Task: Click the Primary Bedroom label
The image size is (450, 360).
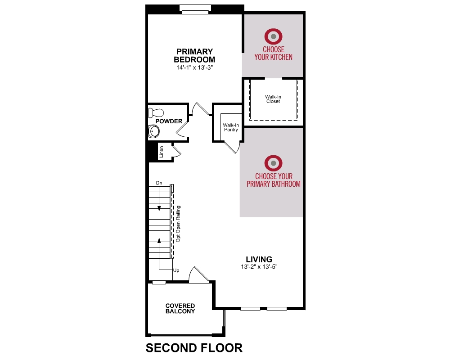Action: pos(194,55)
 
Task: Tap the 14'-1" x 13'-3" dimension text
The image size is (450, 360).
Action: pos(194,68)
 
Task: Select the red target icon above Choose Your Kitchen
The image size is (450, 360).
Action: pos(273,36)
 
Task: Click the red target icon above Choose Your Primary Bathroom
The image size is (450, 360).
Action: pos(273,163)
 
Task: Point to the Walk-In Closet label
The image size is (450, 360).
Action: pos(273,99)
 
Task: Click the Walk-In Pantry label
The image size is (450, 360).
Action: pos(231,127)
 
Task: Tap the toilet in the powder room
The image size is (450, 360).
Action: pos(156,112)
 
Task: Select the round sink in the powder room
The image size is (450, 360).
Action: pos(154,132)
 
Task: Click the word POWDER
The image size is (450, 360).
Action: pos(169,121)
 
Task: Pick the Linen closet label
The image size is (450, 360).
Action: pos(161,152)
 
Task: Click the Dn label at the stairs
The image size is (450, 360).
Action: pos(159,183)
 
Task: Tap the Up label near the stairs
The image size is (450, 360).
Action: pos(176,270)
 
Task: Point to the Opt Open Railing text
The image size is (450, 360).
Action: pos(178,224)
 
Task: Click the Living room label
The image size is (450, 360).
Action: pos(259,259)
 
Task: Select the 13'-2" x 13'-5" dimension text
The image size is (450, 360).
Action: pos(259,267)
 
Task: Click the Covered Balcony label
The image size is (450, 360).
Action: pos(180,308)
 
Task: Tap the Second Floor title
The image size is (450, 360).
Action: pos(194,348)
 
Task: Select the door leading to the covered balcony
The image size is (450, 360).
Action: pos(198,275)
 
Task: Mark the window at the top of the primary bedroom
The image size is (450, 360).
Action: pos(195,9)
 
